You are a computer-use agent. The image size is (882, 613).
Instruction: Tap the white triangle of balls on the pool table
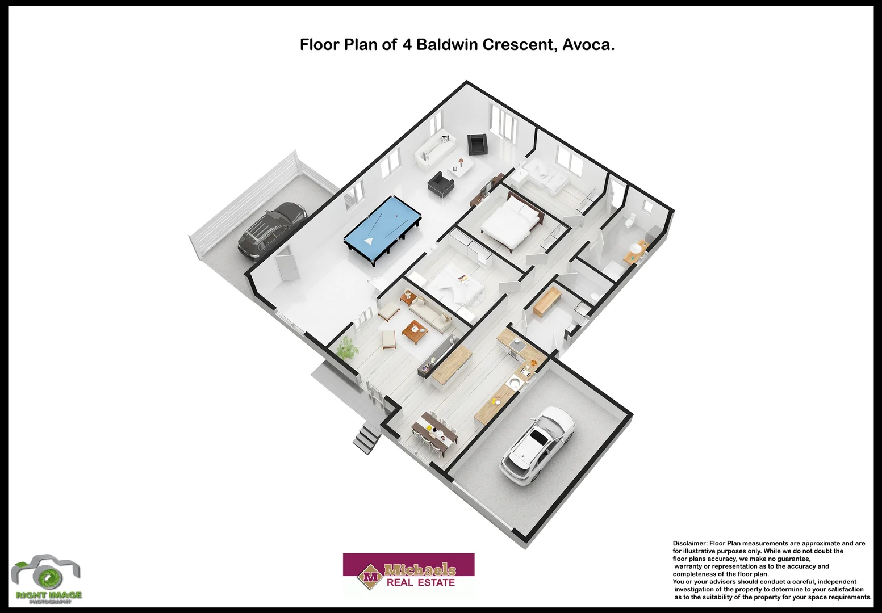368,241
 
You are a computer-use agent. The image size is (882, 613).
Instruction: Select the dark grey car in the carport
271,230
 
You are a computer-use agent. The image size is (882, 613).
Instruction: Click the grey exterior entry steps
366,438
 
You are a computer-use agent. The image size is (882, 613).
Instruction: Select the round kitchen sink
514,384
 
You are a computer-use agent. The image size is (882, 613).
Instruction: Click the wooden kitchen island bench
452,364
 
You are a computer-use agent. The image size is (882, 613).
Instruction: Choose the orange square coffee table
415,332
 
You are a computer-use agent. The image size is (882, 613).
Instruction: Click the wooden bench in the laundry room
547,301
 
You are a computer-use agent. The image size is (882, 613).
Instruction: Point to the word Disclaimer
689,543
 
